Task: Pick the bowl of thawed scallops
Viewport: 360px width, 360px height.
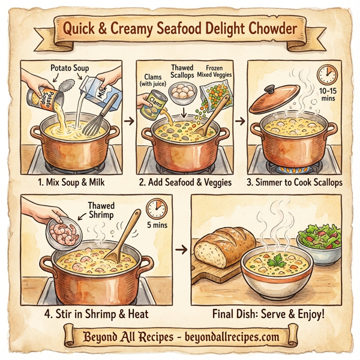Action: [x=181, y=91]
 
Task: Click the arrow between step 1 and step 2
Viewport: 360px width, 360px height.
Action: [x=127, y=121]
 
